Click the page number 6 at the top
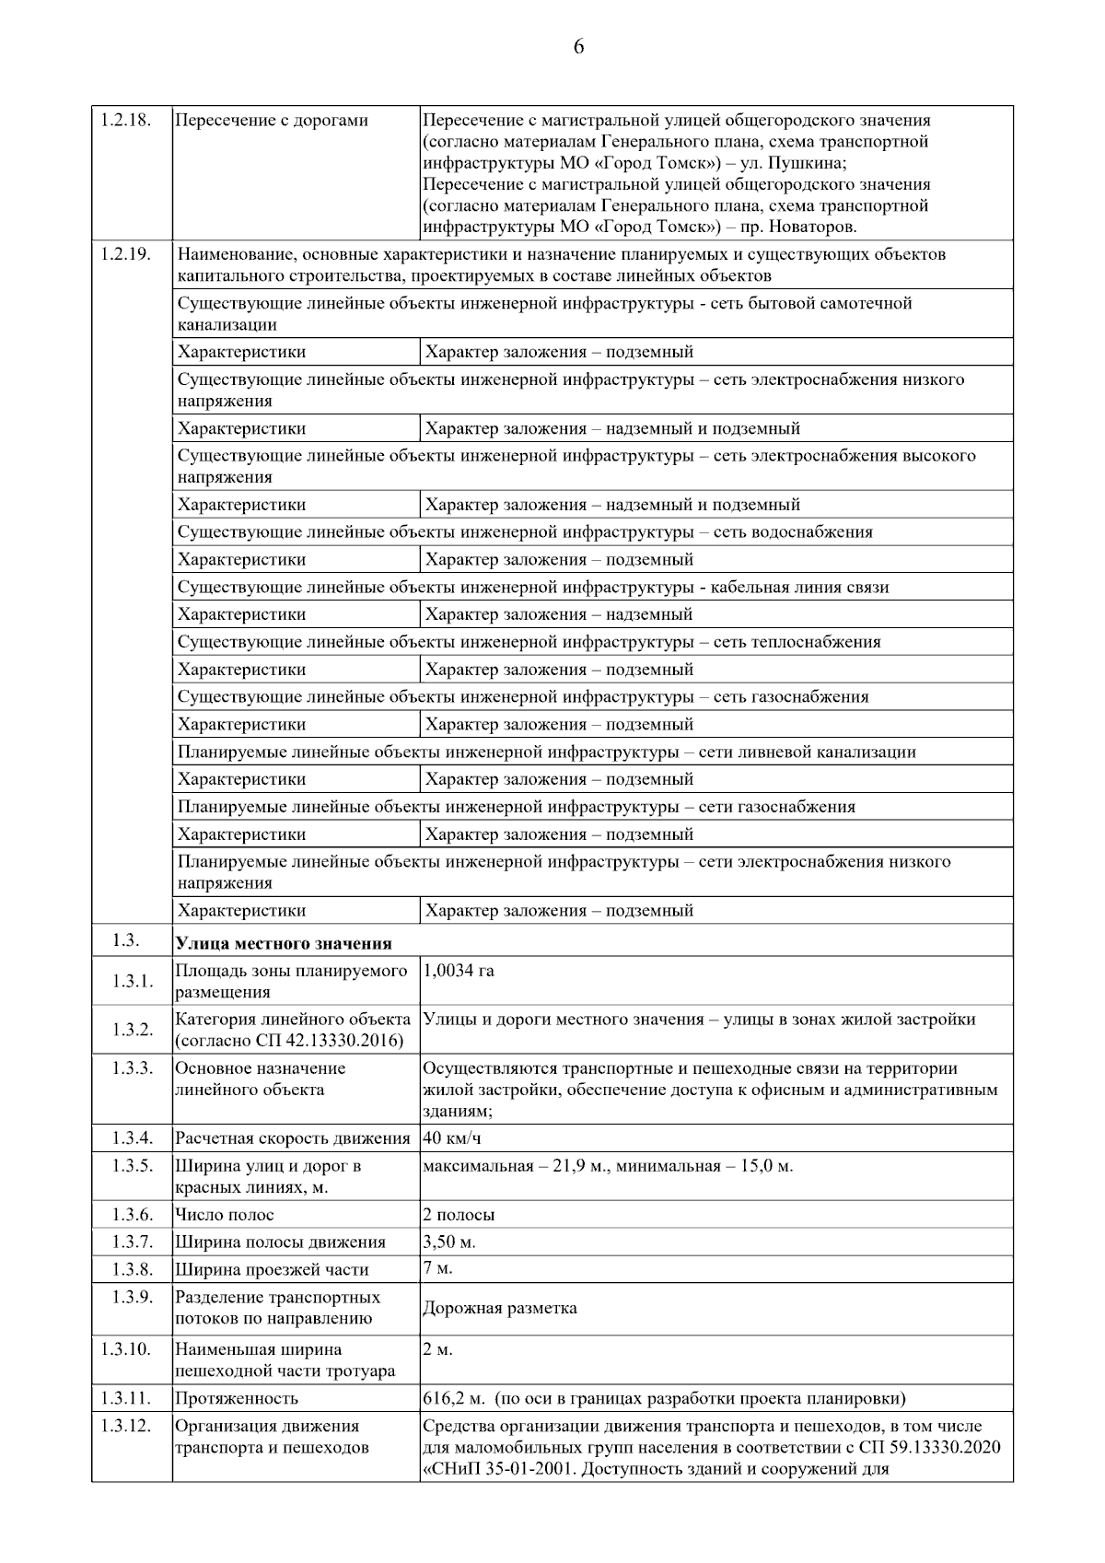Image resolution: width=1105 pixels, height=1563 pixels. click(578, 48)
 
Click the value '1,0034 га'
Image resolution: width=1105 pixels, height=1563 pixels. click(459, 971)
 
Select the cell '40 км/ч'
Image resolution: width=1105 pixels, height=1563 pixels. click(452, 1138)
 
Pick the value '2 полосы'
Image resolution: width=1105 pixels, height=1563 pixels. click(459, 1215)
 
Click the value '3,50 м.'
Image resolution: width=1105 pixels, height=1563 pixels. click(449, 1242)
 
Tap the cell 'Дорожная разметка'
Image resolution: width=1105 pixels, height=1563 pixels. click(500, 1308)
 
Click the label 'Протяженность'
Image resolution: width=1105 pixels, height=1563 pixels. click(237, 1398)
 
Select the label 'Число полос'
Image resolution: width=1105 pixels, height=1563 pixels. click(225, 1215)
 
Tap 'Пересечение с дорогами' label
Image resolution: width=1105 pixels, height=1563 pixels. click(272, 121)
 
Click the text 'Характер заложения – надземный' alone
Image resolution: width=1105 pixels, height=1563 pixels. click(559, 614)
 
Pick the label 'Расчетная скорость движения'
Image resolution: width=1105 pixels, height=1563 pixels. click(293, 1138)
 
